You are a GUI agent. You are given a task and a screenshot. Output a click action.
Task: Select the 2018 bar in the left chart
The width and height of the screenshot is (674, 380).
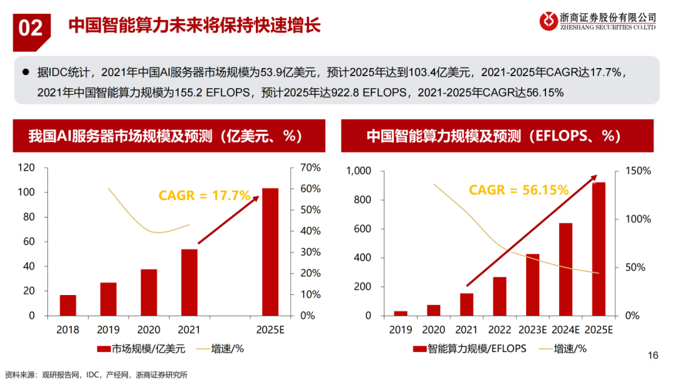point(68,305)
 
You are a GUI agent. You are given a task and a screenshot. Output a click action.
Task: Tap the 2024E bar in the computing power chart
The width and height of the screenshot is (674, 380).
point(566,269)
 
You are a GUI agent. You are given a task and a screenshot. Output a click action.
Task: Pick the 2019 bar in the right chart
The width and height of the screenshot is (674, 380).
point(401,313)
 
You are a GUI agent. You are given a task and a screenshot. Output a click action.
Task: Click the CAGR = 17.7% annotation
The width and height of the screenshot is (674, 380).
point(204,196)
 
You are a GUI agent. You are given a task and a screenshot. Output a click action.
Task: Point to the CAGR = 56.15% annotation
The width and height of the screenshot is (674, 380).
point(519,189)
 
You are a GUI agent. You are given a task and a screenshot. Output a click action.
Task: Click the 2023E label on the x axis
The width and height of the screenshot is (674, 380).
point(532,330)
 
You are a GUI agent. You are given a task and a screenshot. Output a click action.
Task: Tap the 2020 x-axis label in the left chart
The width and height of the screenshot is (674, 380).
point(149,330)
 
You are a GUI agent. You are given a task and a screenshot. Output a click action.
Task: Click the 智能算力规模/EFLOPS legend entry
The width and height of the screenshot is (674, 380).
point(469,349)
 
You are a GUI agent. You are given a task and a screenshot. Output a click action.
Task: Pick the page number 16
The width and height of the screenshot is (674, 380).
point(653,356)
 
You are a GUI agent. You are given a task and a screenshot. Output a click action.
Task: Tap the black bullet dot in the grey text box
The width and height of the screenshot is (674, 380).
point(26,72)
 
